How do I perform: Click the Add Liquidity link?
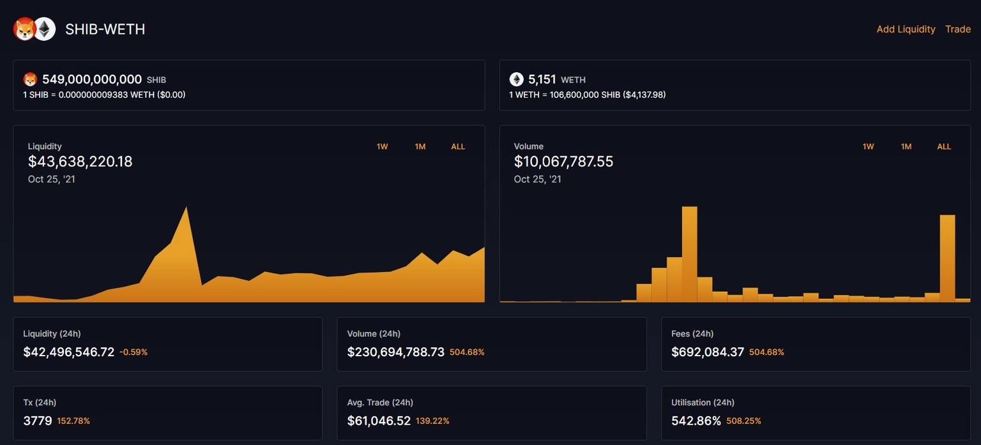click(905, 29)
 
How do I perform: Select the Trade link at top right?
click(957, 29)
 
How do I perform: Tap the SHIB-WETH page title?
click(105, 29)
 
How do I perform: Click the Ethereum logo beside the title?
click(45, 29)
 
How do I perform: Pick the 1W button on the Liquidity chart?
click(382, 147)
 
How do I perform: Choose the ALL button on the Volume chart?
click(944, 147)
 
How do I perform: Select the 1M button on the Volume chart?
click(906, 147)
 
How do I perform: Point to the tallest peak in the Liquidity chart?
click(186, 209)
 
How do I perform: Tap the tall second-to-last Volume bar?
click(947, 258)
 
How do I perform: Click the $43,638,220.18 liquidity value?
click(80, 162)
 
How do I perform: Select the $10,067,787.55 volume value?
click(563, 162)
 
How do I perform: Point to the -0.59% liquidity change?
click(133, 352)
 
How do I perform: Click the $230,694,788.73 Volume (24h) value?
click(395, 352)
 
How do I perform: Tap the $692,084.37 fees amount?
click(707, 352)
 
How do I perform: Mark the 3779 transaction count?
click(38, 421)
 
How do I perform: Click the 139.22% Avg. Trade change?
click(432, 421)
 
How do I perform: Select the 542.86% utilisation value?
click(696, 421)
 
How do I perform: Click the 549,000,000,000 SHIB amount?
click(92, 80)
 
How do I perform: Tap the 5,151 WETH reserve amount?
click(542, 80)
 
